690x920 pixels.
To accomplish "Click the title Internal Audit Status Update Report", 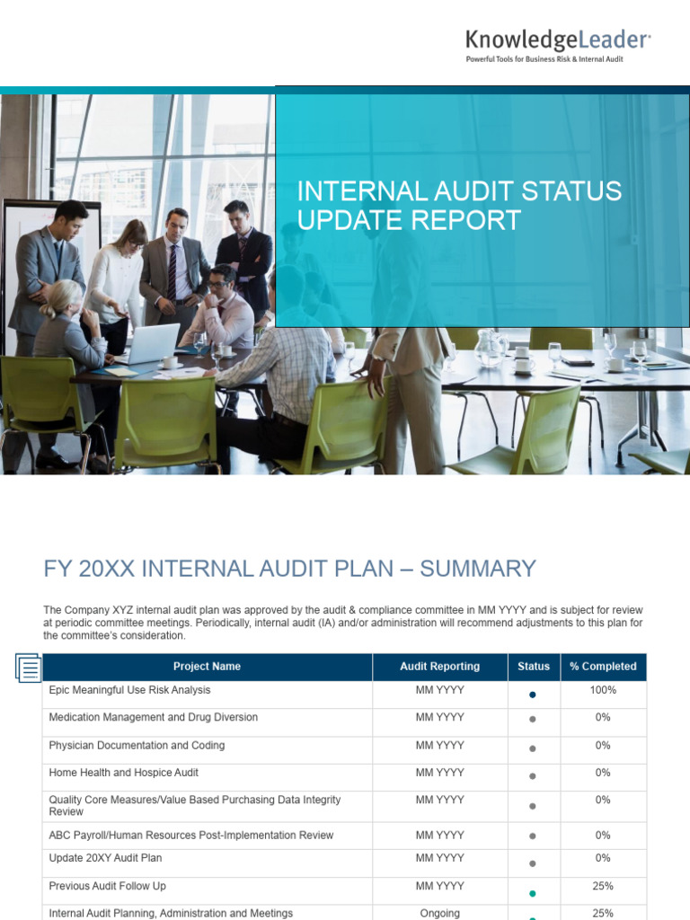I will pos(459,206).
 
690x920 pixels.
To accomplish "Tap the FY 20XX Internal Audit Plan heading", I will pos(289,569).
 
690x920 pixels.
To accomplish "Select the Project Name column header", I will pos(207,667).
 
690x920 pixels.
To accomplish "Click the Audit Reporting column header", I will pos(439,667).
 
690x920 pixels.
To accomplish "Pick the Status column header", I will pos(534,667).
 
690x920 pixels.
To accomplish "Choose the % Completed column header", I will pos(603,667).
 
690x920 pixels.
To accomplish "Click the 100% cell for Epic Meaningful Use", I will pos(603,690).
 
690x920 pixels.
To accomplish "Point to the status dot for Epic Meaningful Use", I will pos(533,694).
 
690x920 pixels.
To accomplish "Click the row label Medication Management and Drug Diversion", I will pos(153,717).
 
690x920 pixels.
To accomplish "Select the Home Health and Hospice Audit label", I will pos(124,773).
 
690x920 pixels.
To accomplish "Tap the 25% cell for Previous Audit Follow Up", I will pos(603,886).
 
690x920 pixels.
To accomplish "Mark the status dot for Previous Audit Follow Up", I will pos(533,893).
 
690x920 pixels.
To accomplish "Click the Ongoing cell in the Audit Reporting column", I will pos(439,913).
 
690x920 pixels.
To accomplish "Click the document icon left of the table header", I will pos(29,668).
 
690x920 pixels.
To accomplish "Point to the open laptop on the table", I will pos(150,343).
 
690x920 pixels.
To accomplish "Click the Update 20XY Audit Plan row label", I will pos(105,858).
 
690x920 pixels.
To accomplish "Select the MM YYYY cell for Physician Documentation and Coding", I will pos(439,745).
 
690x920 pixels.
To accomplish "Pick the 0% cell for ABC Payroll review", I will pos(603,835).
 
